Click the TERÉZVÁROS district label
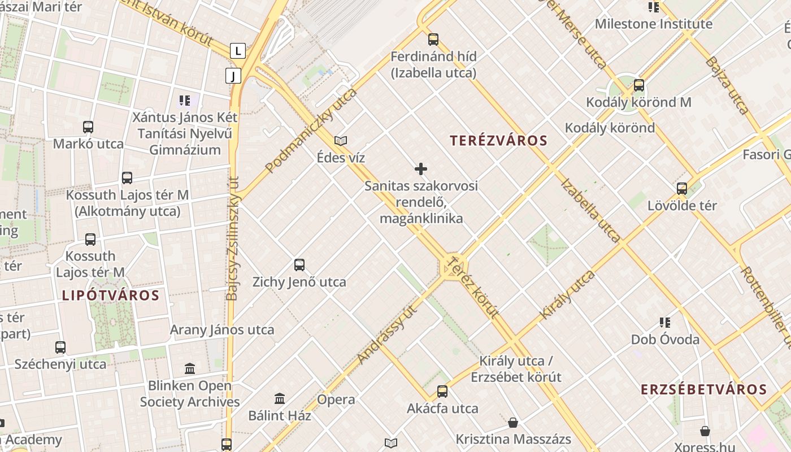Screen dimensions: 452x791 pyautogui.click(x=498, y=141)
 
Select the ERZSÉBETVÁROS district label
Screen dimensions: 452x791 pyautogui.click(x=703, y=389)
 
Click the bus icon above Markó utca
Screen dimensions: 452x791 pyautogui.click(x=88, y=127)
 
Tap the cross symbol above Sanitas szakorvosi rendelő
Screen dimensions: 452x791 pyautogui.click(x=421, y=169)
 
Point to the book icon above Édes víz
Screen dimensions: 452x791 pyautogui.click(x=341, y=141)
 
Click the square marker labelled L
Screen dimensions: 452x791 pyautogui.click(x=238, y=51)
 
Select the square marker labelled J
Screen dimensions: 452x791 pyautogui.click(x=233, y=76)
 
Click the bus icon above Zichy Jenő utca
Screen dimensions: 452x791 pyautogui.click(x=299, y=264)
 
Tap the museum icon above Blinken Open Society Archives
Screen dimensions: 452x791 pyautogui.click(x=190, y=369)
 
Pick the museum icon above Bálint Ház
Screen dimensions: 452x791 pyautogui.click(x=280, y=399)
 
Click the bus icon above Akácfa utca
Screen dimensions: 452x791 pyautogui.click(x=442, y=392)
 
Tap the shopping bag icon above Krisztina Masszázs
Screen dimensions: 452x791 pyautogui.click(x=513, y=423)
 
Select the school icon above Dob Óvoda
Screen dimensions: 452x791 pyautogui.click(x=665, y=323)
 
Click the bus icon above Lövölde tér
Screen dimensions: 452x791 pyautogui.click(x=682, y=189)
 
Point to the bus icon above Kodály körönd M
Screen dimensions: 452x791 pyautogui.click(x=639, y=85)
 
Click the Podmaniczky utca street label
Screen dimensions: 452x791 pyautogui.click(x=311, y=131)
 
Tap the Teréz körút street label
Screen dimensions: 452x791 pyautogui.click(x=473, y=286)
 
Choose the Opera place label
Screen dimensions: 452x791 pyautogui.click(x=336, y=399)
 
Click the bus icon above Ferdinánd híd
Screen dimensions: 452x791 pyautogui.click(x=433, y=40)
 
